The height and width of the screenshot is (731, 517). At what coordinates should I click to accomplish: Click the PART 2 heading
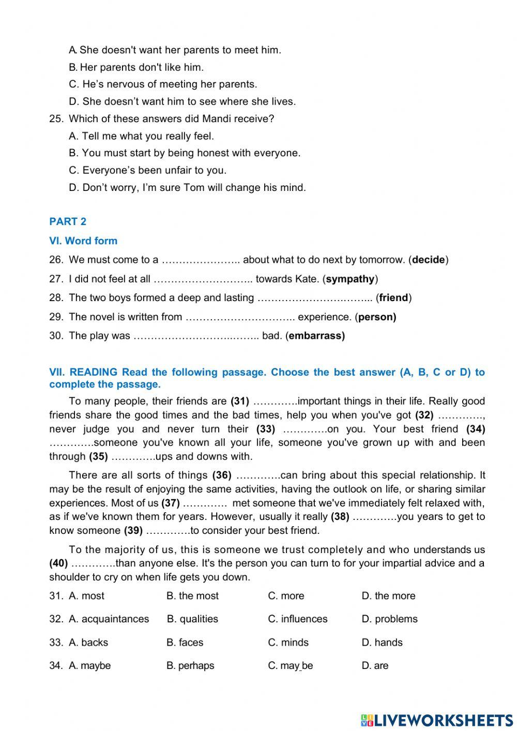[68, 221]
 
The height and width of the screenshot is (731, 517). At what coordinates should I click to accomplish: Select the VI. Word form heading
[83, 241]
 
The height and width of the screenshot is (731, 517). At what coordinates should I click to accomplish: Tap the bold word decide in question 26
[428, 260]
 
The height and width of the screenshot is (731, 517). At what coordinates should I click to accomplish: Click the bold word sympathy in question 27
[350, 279]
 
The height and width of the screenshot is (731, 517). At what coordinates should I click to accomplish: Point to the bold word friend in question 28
[393, 298]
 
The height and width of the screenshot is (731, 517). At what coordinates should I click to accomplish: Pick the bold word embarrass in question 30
[316, 336]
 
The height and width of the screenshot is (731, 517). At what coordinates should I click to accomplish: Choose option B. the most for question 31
[192, 596]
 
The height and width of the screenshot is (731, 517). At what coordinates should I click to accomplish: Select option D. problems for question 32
[389, 619]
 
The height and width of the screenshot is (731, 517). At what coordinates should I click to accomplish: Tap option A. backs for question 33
[88, 643]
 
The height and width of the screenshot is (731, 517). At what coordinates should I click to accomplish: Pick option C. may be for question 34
[290, 666]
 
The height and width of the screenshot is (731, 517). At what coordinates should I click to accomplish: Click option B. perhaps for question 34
[190, 666]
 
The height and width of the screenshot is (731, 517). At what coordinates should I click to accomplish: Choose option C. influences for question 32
[298, 619]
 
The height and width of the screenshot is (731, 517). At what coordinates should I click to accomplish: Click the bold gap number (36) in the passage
[222, 475]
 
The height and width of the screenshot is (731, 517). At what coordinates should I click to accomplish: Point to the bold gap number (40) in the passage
[58, 563]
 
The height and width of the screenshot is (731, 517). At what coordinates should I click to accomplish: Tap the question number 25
[56, 119]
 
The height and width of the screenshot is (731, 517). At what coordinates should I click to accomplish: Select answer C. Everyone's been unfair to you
[148, 170]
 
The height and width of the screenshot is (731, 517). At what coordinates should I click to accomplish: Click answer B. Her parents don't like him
[136, 67]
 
